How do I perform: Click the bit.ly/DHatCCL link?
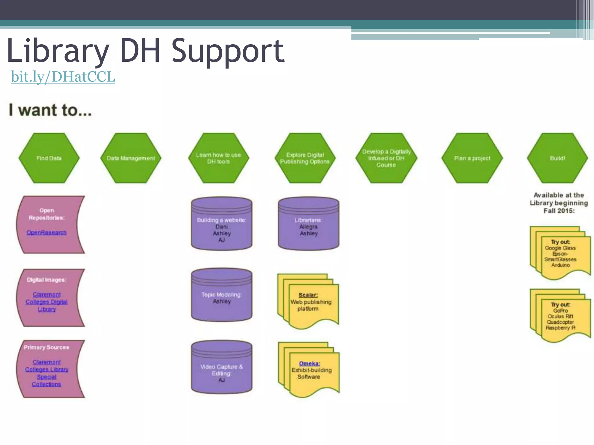click(63, 77)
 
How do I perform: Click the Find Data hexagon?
click(49, 158)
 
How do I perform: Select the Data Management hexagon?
click(131, 158)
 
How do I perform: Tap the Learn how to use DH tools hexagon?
click(218, 158)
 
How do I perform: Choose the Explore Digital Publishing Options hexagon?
click(305, 158)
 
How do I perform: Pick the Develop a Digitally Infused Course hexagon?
click(386, 158)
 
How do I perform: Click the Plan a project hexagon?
click(472, 158)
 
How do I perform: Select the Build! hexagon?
click(557, 158)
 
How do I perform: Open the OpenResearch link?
click(47, 233)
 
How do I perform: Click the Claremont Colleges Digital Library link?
click(47, 302)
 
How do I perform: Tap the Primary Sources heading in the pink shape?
click(46, 347)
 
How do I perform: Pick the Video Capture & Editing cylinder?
click(222, 371)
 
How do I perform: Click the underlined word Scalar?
click(308, 295)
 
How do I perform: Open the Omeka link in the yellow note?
click(309, 363)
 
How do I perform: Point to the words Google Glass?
click(560, 248)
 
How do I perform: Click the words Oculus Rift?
click(560, 316)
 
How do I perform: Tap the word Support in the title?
click(228, 52)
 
